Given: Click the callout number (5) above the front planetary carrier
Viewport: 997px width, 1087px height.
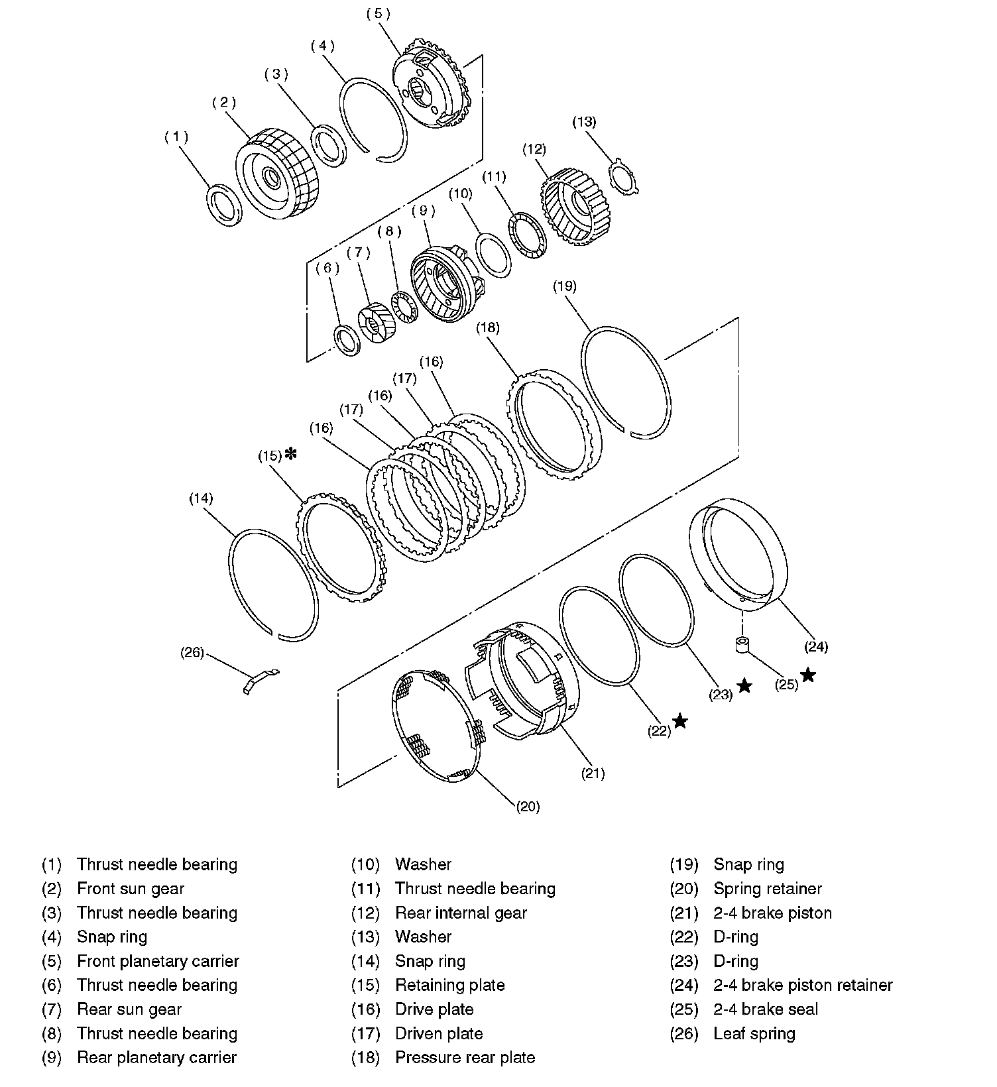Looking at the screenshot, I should pyautogui.click(x=379, y=14).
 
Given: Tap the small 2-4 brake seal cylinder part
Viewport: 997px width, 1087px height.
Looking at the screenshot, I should pyautogui.click(x=742, y=644).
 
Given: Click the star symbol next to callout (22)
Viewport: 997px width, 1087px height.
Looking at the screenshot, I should pyautogui.click(x=680, y=720).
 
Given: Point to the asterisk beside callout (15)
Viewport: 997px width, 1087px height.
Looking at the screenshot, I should pyautogui.click(x=290, y=454).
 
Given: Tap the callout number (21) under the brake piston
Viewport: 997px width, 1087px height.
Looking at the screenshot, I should pyautogui.click(x=593, y=773).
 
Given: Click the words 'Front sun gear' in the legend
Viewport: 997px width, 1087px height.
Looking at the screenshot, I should pyautogui.click(x=131, y=889).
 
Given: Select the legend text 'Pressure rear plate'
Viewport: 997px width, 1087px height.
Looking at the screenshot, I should pyautogui.click(x=465, y=1058).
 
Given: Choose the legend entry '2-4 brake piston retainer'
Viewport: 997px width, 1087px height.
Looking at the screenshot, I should pyautogui.click(x=803, y=986).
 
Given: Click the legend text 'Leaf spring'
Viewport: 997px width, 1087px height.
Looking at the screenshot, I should pyautogui.click(x=754, y=1034).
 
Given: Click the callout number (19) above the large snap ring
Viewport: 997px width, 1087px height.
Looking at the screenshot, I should pyautogui.click(x=565, y=286).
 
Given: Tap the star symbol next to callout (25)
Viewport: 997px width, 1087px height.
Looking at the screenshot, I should pyautogui.click(x=808, y=675).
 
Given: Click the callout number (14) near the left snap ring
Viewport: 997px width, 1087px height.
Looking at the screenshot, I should pyautogui.click(x=201, y=498).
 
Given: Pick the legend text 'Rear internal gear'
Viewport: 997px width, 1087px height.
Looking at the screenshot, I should pyautogui.click(x=461, y=913).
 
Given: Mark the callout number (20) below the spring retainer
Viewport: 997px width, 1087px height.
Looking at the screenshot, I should pyautogui.click(x=528, y=807).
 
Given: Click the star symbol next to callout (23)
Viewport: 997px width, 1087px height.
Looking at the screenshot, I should pyautogui.click(x=745, y=686).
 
